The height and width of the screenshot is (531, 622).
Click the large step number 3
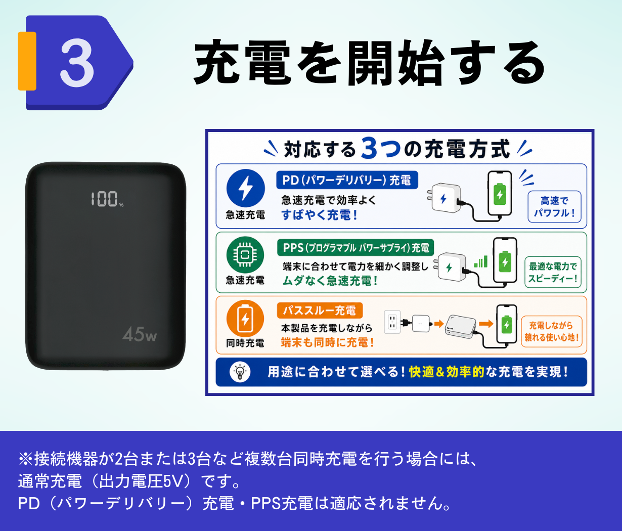click(77, 63)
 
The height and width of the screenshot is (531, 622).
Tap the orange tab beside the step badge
click(27, 61)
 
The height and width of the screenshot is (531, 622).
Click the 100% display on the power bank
click(107, 199)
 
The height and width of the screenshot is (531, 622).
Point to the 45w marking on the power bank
click(140, 334)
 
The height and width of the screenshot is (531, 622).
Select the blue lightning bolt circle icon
click(246, 189)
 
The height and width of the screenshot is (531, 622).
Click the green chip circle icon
click(245, 255)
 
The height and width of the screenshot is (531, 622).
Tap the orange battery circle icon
click(245, 319)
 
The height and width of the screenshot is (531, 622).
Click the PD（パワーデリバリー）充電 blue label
click(347, 180)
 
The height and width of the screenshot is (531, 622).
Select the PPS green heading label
click(356, 248)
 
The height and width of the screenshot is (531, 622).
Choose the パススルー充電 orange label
click(320, 311)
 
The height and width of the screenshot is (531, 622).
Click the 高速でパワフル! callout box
click(554, 207)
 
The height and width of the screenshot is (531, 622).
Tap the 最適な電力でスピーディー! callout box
click(553, 273)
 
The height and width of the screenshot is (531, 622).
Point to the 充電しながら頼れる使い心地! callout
click(552, 331)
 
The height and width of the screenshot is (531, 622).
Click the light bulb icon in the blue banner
click(240, 372)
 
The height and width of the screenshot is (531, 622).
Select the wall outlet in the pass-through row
click(392, 322)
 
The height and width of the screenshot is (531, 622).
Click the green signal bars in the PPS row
click(480, 261)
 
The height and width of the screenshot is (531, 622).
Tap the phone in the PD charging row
click(500, 194)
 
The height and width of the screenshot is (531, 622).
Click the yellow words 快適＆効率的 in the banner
click(447, 372)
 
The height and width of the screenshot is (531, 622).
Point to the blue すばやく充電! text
click(319, 215)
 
